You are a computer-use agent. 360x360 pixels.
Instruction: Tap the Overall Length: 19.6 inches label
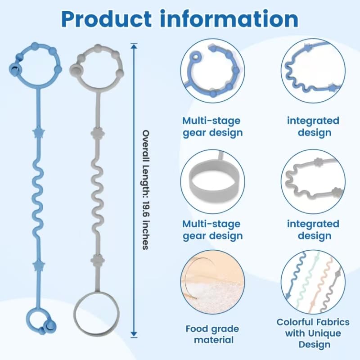[145, 189]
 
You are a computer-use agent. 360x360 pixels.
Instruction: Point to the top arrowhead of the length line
[134, 45]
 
